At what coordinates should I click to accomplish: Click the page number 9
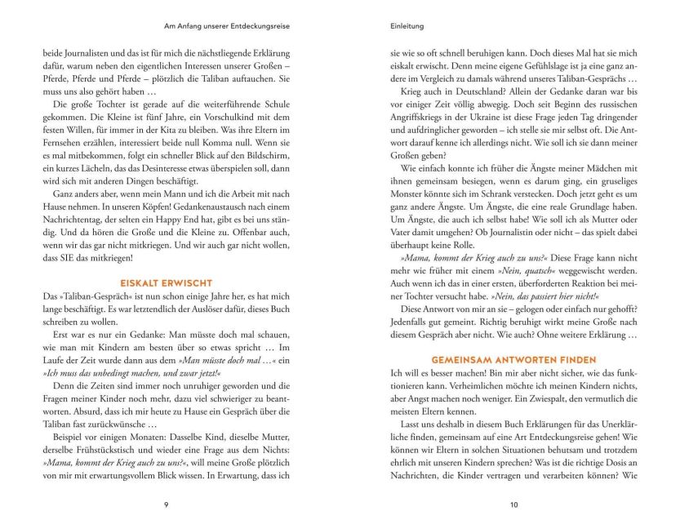(166, 505)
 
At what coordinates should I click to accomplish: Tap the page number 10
(513, 505)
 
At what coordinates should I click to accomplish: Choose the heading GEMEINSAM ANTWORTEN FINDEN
(513, 360)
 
